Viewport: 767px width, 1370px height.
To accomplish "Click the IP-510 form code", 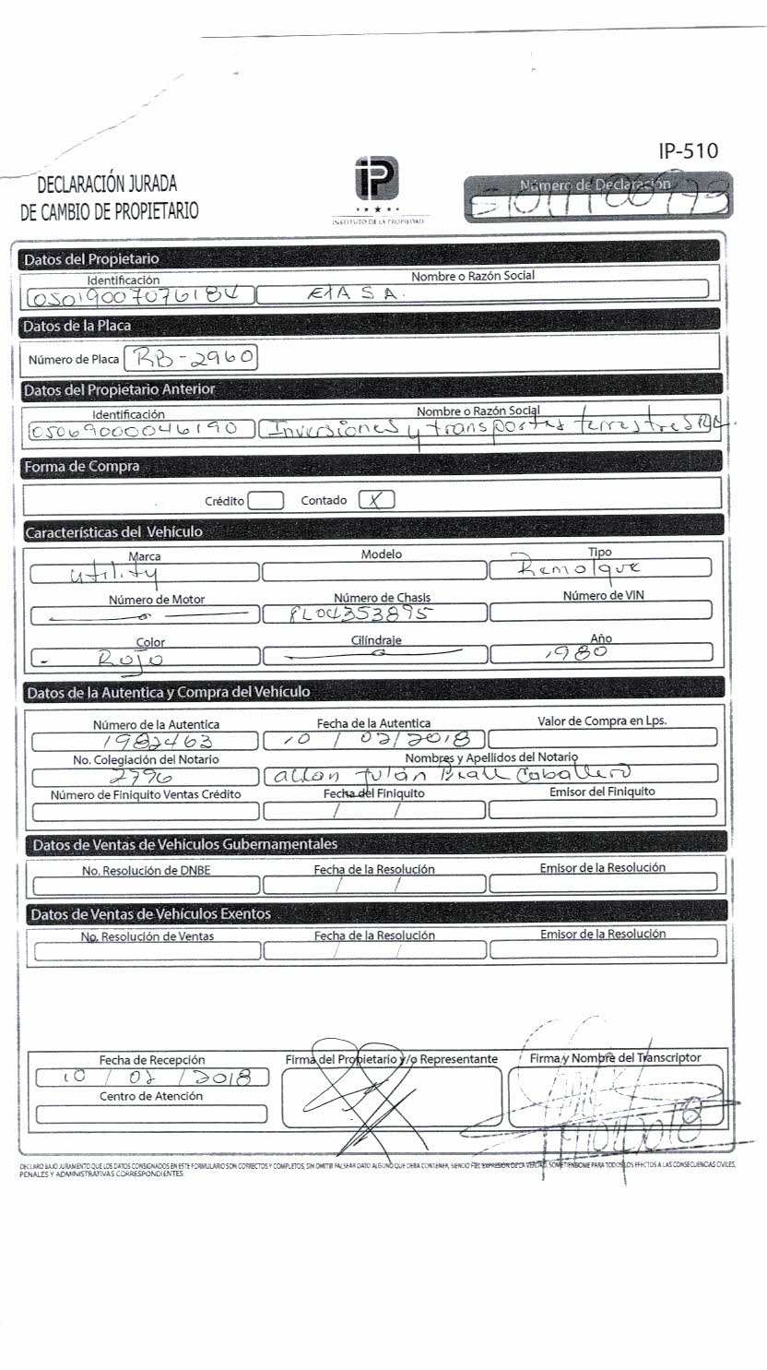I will point(688,151).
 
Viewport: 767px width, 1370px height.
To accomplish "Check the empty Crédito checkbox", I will point(265,501).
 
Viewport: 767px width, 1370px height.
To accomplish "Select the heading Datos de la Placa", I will point(77,326).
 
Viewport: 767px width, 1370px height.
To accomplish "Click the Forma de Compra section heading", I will point(82,467).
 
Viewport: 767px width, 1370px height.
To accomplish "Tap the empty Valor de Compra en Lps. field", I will point(602,738).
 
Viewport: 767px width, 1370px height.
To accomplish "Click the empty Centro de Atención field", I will point(151,1114).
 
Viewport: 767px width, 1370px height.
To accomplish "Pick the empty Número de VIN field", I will point(600,611).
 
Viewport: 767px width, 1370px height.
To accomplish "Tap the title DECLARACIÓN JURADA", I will point(107,185).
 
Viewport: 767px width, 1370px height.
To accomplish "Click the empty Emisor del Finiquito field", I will point(602,809).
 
